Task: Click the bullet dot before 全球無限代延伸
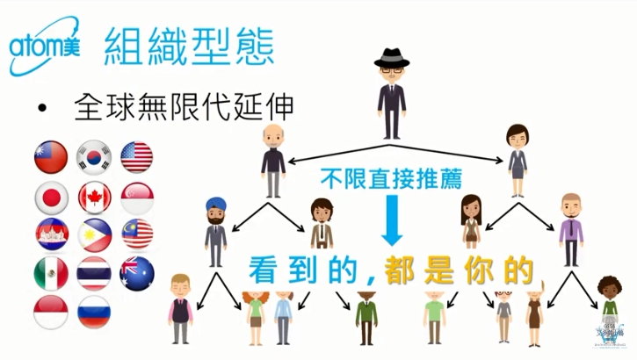(x=42, y=110)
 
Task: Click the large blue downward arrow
(x=392, y=220)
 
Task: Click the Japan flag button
(x=50, y=195)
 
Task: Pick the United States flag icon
(x=136, y=155)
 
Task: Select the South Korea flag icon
(x=93, y=155)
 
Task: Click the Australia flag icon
(x=136, y=272)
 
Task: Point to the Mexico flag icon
(x=50, y=272)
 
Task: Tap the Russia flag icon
(x=93, y=311)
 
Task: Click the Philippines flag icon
(x=93, y=234)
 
